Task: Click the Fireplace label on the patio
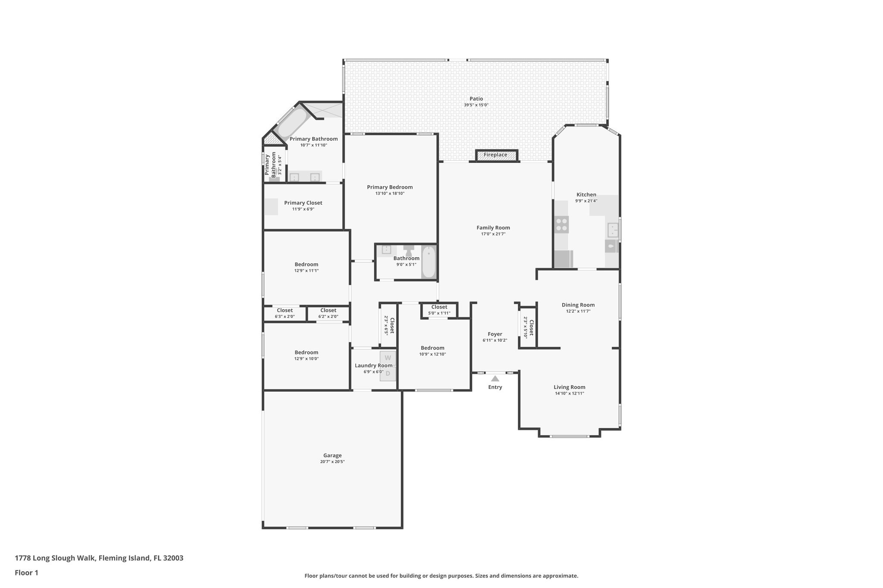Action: pos(495,155)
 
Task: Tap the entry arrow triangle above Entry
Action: pos(495,379)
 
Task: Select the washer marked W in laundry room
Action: pos(388,358)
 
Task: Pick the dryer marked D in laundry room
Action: pos(388,373)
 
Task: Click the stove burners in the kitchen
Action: pos(562,224)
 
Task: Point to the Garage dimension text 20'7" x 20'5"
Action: pos(332,462)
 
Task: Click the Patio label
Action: pos(476,99)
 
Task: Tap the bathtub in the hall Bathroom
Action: pos(429,262)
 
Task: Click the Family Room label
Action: pos(493,228)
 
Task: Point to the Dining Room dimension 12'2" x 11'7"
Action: pos(578,311)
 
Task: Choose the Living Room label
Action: pos(569,387)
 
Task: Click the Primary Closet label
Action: pos(303,203)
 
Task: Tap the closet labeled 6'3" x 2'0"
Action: pos(285,314)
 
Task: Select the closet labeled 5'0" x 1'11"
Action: pos(439,310)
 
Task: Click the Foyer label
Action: pos(495,334)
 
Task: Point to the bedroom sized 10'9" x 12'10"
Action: pos(432,351)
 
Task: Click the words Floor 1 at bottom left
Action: pos(26,572)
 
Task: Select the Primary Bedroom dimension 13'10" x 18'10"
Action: pos(389,193)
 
